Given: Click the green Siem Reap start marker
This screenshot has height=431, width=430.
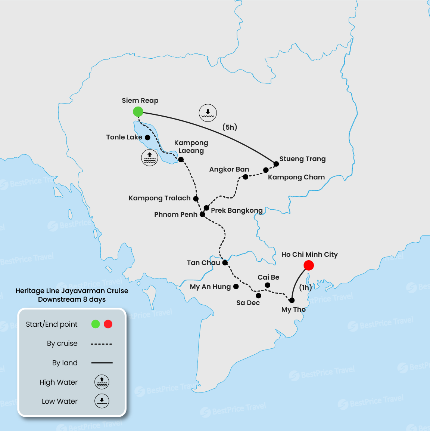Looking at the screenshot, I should [x=138, y=111].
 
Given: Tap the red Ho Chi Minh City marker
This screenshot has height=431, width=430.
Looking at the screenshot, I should [x=309, y=265].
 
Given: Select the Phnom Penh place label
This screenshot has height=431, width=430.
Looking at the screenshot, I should [x=175, y=215].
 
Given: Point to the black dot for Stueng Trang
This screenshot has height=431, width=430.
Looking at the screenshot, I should [x=276, y=164].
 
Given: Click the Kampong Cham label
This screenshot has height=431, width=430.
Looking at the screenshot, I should [x=296, y=177].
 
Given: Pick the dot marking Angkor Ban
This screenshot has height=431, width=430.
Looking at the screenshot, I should [x=245, y=177].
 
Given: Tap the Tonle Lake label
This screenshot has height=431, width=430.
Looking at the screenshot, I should [x=124, y=137].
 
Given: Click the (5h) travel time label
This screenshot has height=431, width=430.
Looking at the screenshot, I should [x=230, y=127].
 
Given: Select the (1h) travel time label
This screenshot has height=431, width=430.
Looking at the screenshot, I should [x=305, y=287].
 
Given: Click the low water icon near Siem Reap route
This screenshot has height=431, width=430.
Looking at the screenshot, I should [x=208, y=113].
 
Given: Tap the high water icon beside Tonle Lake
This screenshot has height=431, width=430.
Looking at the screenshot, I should [x=150, y=158].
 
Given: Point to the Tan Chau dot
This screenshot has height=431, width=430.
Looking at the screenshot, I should [x=225, y=263].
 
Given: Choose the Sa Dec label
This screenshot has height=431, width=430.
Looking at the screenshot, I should [x=248, y=303].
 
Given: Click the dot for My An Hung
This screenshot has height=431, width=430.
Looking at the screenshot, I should [x=236, y=286].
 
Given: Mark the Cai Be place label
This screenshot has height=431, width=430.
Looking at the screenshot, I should [x=268, y=277].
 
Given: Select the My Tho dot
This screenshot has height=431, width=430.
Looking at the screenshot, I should [x=292, y=300].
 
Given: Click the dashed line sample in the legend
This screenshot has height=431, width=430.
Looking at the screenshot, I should [x=101, y=344].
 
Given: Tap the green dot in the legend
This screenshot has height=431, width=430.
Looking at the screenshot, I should [x=96, y=324].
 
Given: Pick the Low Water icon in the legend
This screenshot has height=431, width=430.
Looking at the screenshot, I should [x=102, y=401].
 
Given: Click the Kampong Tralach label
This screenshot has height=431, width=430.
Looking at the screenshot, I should [x=159, y=198].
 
